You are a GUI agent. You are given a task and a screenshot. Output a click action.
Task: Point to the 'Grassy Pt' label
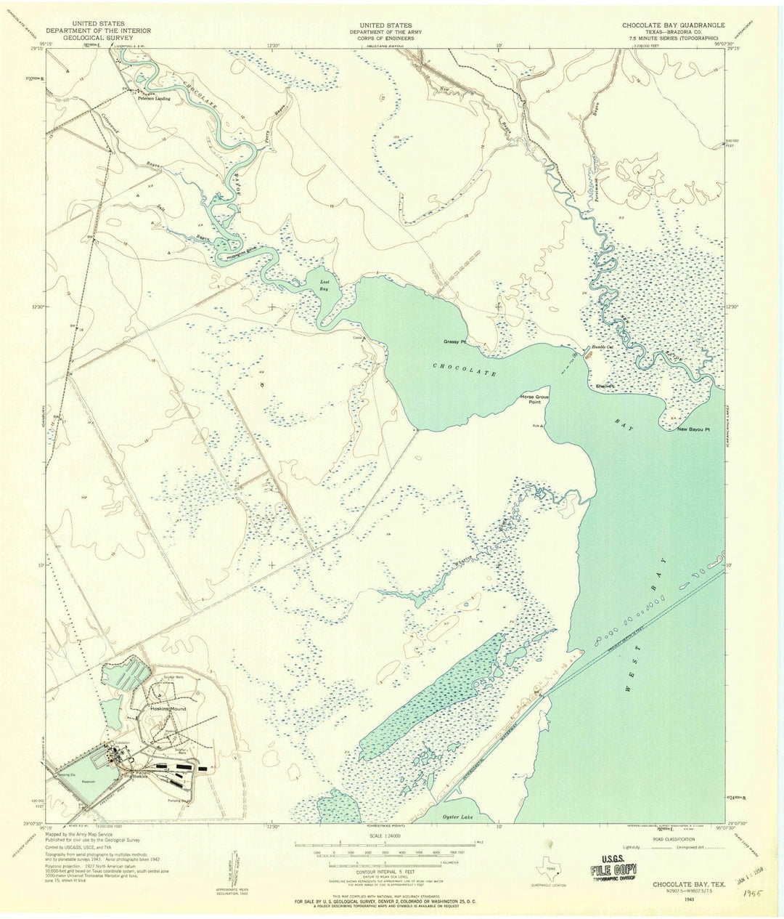(454, 341)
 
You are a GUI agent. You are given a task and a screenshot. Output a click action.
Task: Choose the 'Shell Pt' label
(605, 386)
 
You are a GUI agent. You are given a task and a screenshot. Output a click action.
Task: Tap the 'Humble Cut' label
(603, 347)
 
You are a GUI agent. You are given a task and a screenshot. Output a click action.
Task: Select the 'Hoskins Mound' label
(168, 708)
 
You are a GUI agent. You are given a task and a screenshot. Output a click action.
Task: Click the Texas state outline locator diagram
(545, 869)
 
